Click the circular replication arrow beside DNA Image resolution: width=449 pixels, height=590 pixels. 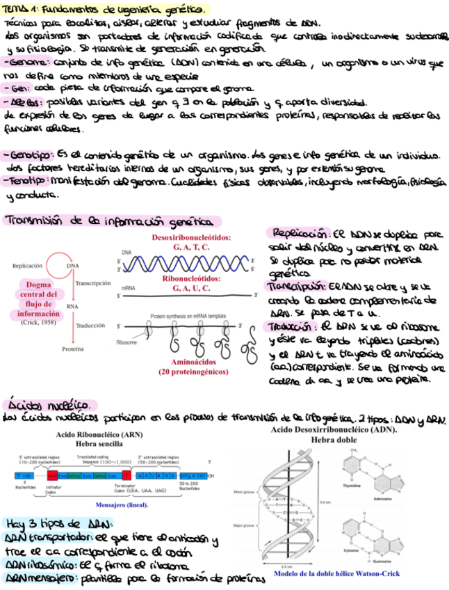pos(56,264)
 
